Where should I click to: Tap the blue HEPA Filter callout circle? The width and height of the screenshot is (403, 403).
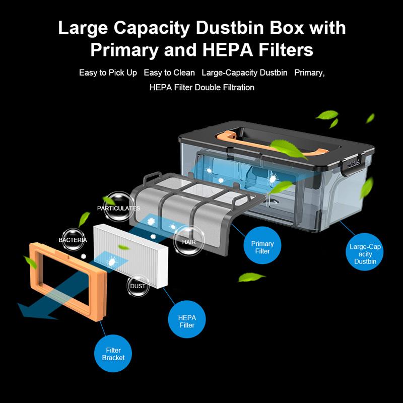click(187, 321)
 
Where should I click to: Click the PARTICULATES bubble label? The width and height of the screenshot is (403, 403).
click(119, 208)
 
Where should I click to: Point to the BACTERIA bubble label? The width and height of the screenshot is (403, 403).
click(73, 240)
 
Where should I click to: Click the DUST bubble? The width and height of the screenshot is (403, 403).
click(138, 286)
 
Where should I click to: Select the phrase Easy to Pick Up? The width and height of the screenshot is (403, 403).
click(108, 73)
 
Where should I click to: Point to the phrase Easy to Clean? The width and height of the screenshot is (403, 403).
click(169, 73)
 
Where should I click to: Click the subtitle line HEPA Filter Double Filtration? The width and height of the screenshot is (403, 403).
click(201, 88)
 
